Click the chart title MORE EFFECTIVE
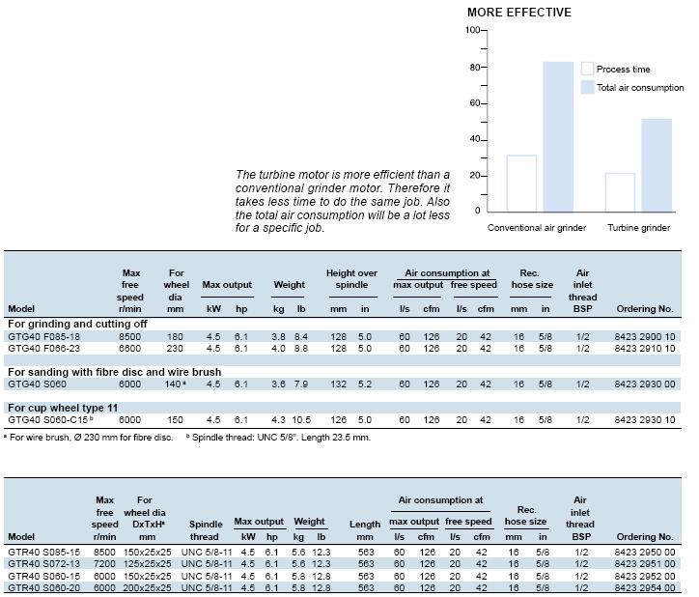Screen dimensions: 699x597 pos(518,13)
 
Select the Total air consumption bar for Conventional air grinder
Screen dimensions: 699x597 pos(558,136)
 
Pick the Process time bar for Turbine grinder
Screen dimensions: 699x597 pos(620,192)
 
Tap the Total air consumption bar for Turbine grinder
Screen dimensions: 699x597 pos(657,165)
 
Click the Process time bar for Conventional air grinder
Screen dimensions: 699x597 pos(521,184)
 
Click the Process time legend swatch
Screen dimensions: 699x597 pos(587,69)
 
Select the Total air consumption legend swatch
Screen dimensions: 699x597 pos(587,88)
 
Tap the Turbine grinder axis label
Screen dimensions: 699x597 pos(639,228)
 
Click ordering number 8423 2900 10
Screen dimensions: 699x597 pos(645,337)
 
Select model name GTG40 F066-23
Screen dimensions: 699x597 pos(43,349)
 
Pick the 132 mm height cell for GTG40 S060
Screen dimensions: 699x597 pos(338,384)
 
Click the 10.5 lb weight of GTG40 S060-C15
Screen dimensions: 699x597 pos(301,420)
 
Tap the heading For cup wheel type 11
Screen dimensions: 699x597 pos(63,408)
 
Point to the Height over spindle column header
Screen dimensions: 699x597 pos(351,279)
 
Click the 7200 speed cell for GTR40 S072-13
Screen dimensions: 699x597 pos(105,564)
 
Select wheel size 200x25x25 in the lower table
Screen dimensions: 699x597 pos(147,588)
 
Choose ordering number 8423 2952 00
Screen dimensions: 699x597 pos(645,576)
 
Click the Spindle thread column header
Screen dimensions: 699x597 pos(206,530)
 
